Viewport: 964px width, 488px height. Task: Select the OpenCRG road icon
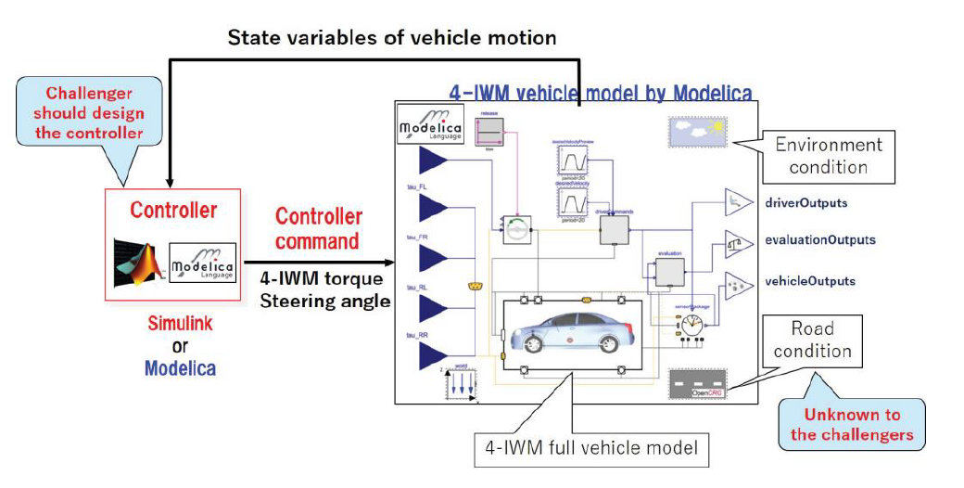click(697, 384)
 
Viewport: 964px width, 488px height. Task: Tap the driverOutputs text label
click(806, 201)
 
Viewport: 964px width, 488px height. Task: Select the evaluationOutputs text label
click(819, 239)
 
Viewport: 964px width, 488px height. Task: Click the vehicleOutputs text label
click(810, 280)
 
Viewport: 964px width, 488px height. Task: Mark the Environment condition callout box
click(829, 156)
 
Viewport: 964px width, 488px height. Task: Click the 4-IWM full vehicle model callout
click(590, 450)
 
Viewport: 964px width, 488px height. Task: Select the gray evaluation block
click(669, 272)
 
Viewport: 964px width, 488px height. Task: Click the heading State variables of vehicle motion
click(393, 38)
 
